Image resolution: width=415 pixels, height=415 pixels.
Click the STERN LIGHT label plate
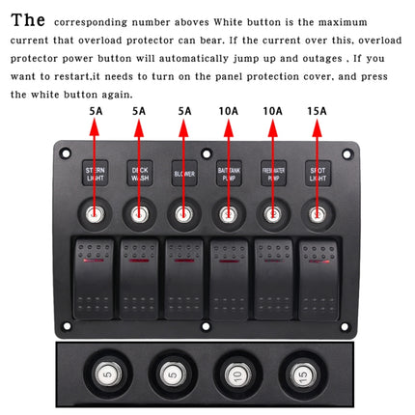coord(95,174)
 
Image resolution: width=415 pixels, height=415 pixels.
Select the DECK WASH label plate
coord(139,174)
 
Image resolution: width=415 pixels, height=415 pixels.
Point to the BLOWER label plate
coord(183,174)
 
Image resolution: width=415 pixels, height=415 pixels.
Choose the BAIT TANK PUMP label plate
coord(228,174)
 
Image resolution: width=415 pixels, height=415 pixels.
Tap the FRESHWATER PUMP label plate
coord(272,174)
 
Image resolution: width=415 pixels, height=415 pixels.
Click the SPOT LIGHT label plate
coord(317,174)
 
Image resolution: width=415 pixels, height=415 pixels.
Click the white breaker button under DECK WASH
coord(139,214)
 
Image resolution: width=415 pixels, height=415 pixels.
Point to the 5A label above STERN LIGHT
coord(95,111)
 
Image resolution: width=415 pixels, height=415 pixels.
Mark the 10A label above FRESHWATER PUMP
coord(272,111)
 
